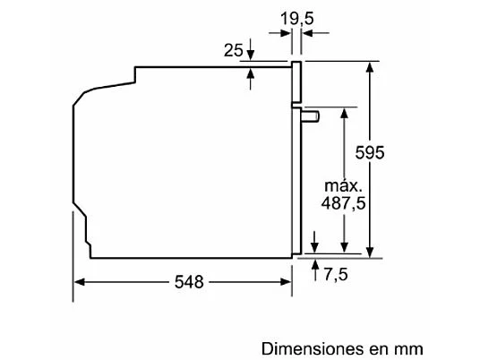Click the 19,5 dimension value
tap(297, 19)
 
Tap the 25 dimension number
tap(233, 50)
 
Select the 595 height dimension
tap(370, 152)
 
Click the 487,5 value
tap(343, 203)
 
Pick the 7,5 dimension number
tap(336, 274)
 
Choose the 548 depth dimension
tap(189, 281)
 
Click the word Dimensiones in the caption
tap(313, 348)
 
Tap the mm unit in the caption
tap(407, 350)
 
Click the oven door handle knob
tap(311, 116)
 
